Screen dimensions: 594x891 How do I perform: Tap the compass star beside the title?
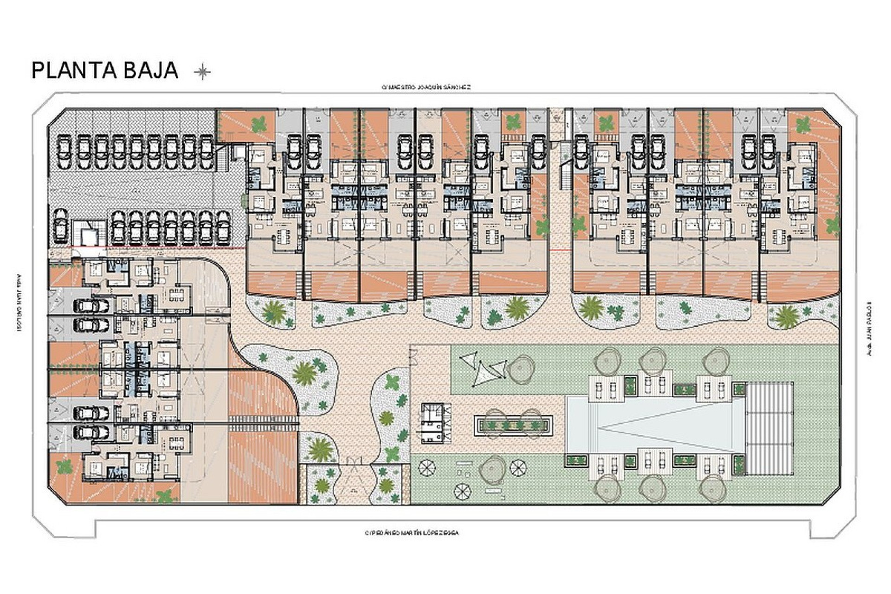(202, 71)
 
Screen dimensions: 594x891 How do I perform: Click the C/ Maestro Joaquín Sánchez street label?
(426, 87)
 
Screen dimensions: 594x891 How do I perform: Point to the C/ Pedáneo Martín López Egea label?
(412, 533)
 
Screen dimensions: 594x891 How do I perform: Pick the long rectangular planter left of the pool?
(513, 425)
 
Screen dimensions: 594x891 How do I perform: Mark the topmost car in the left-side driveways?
(91, 305)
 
